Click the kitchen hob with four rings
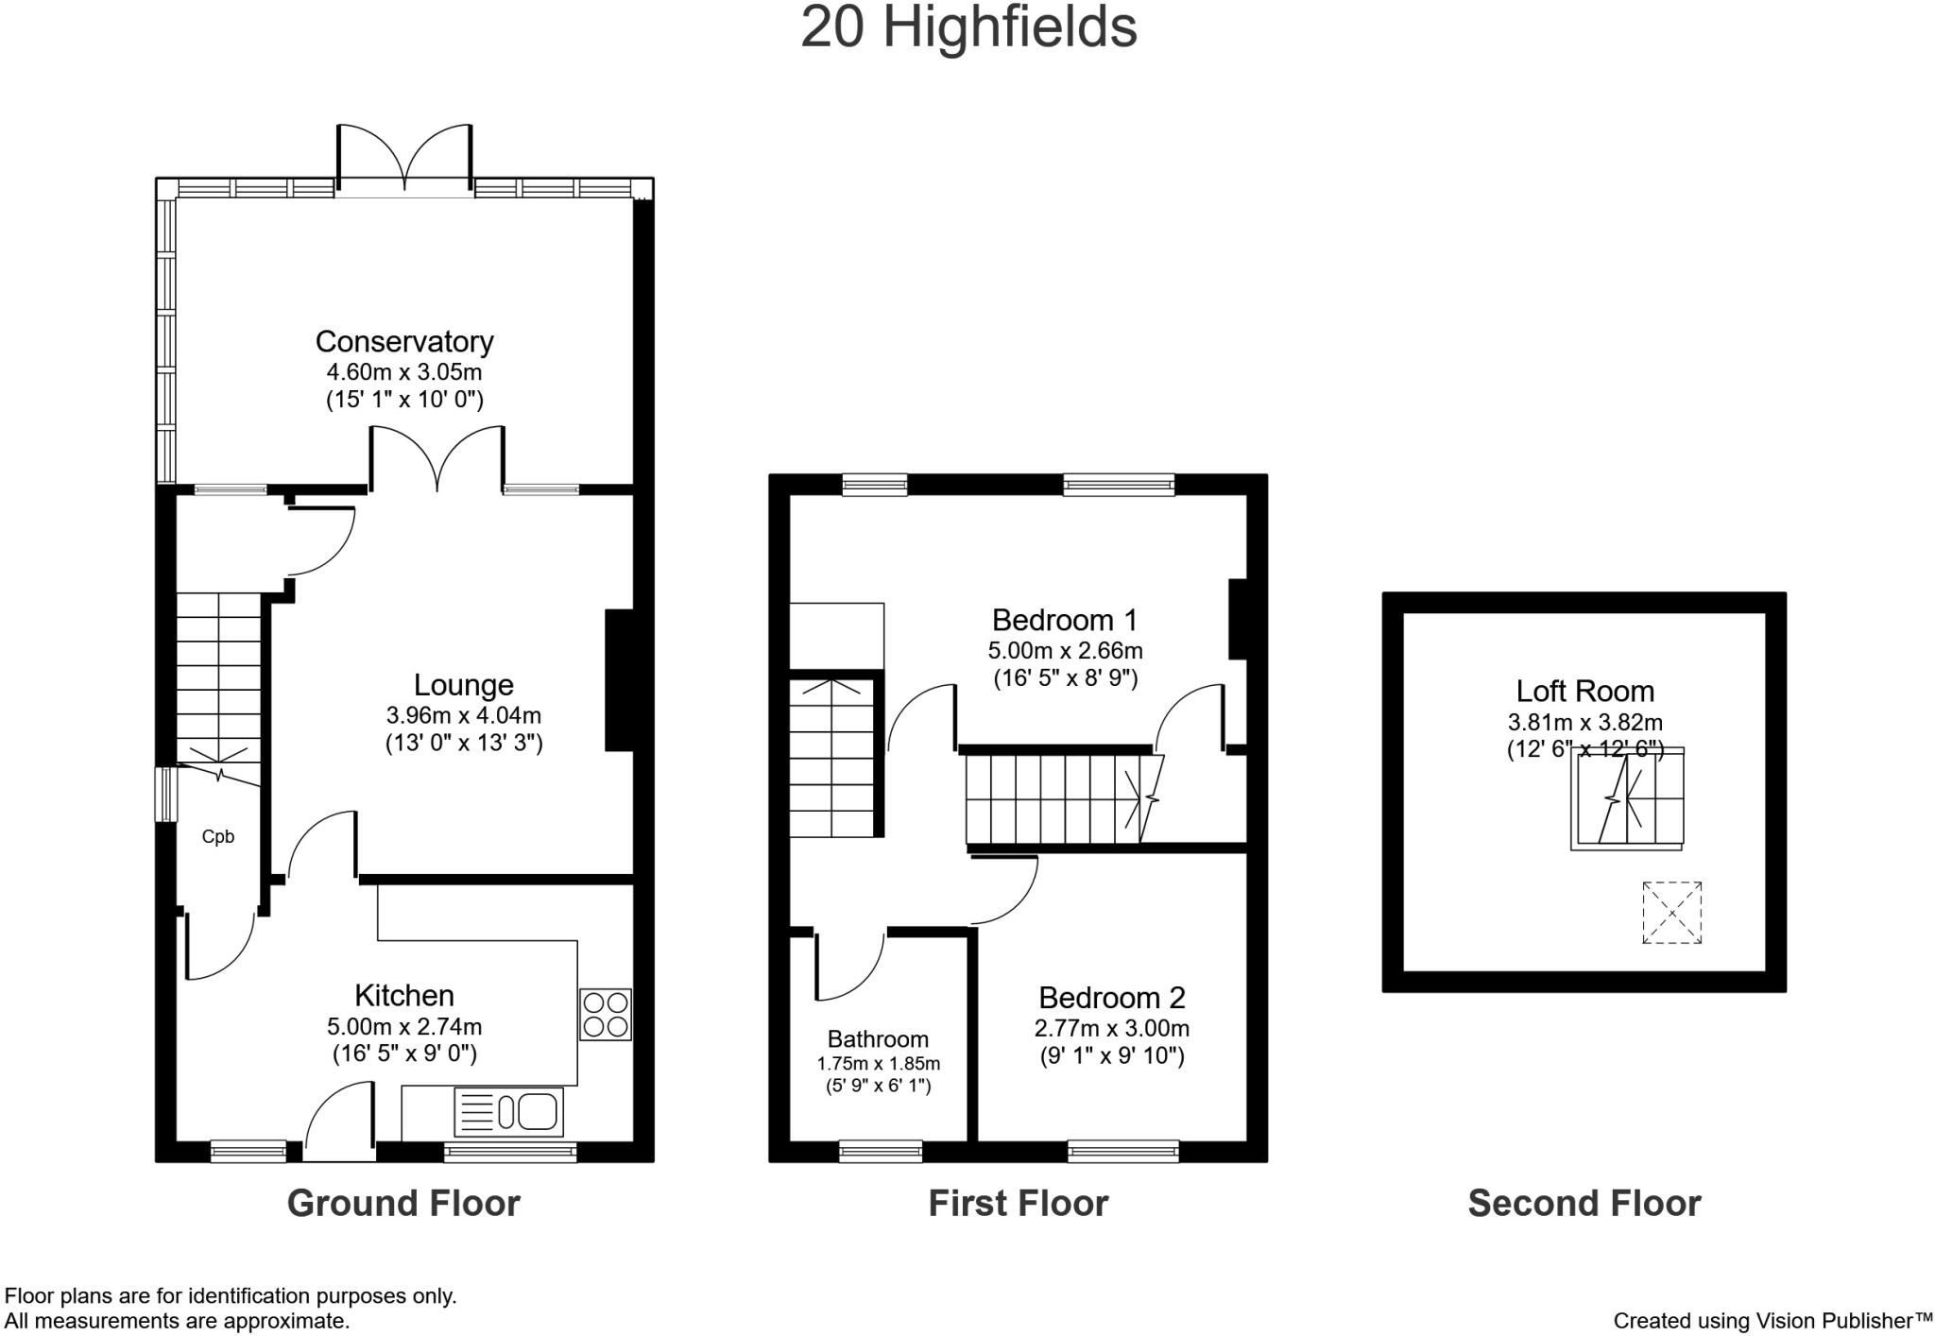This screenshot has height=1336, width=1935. click(606, 1014)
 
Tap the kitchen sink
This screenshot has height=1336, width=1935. click(510, 1111)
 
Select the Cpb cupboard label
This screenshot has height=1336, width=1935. click(218, 837)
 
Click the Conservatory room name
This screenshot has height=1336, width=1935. click(404, 341)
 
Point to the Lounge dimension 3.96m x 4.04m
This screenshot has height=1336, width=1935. click(463, 715)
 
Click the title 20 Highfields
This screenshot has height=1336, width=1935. click(967, 28)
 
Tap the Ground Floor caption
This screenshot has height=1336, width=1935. click(403, 1204)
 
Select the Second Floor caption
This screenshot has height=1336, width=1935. click(1584, 1204)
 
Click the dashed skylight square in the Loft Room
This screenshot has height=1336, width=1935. click(1671, 913)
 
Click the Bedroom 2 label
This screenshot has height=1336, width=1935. click(1111, 998)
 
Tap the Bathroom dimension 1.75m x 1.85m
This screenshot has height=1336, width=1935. click(878, 1064)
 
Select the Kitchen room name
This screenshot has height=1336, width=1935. click(404, 996)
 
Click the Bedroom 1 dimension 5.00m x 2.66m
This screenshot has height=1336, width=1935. click(1065, 651)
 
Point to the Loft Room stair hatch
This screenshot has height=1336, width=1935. click(1627, 798)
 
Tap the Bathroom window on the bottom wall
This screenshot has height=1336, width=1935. click(881, 1151)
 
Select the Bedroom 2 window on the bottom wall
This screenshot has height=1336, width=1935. click(1123, 1151)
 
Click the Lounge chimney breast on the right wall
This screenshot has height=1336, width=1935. click(619, 680)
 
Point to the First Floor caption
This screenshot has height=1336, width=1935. click(1018, 1204)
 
